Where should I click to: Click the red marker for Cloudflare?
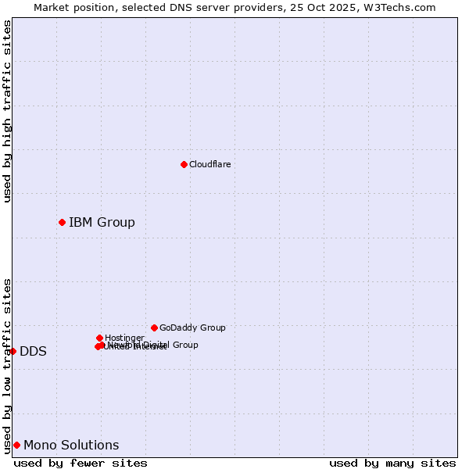coord(184,164)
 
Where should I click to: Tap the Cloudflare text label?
coord(209,164)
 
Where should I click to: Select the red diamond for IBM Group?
coord(62,223)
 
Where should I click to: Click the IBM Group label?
coord(102,223)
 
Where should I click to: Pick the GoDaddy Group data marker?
coord(154,328)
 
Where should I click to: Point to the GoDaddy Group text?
coord(192,328)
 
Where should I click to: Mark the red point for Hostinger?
coord(99,338)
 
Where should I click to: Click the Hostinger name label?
coord(124,338)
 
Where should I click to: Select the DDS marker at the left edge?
coord(13,351)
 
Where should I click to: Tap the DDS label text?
coord(33,352)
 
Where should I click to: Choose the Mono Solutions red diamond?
coord(16,445)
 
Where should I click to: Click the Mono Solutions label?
coord(71,446)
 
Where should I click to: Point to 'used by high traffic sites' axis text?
coord(7,111)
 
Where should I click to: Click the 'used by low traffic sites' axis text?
coord(7,365)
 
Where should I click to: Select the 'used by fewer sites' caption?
coord(81,463)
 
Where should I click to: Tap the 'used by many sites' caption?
coord(392,463)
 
